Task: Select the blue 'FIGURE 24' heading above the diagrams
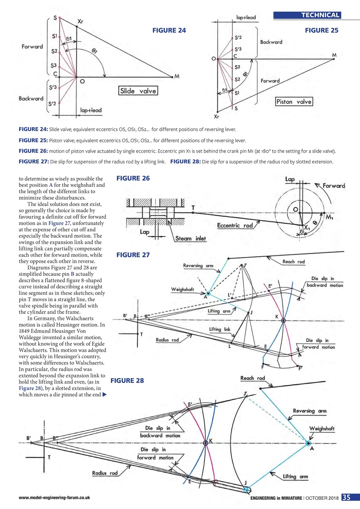pyautogui.click(x=169, y=30)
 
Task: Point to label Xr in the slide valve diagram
pyautogui.click(x=80, y=21)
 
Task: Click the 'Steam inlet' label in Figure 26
pyautogui.click(x=190, y=239)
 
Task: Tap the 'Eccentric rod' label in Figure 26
pyautogui.click(x=235, y=225)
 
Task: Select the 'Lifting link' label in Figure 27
pyautogui.click(x=220, y=329)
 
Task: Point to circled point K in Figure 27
pyautogui.click(x=283, y=320)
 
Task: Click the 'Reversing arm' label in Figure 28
pyautogui.click(x=309, y=410)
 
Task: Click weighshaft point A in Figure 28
pyautogui.click(x=308, y=443)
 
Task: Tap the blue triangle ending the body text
pyautogui.click(x=105, y=395)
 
